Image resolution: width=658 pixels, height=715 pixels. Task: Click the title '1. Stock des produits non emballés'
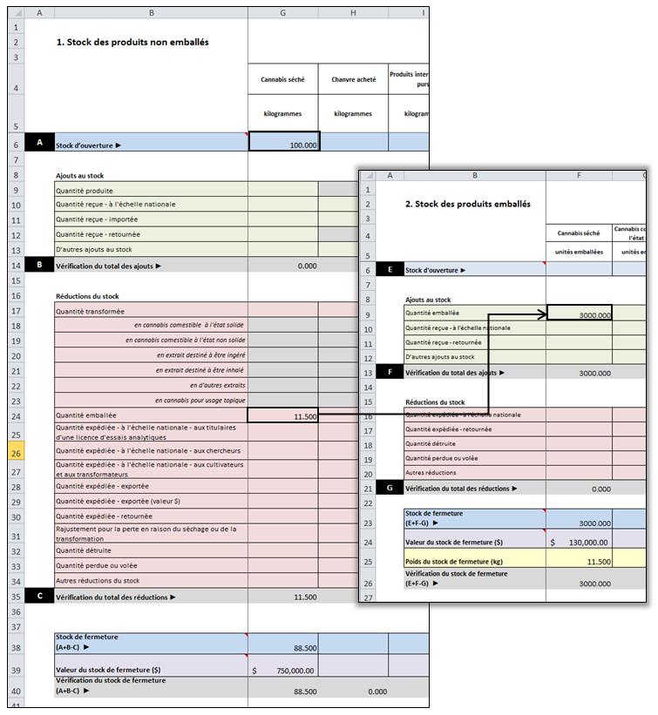(132, 42)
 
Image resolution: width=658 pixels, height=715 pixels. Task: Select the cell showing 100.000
(284, 145)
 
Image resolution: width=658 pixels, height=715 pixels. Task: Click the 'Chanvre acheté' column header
(354, 79)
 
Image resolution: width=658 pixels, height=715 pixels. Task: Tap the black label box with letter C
(39, 597)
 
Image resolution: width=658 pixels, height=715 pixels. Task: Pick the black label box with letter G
(389, 489)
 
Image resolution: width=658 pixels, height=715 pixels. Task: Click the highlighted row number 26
(15, 451)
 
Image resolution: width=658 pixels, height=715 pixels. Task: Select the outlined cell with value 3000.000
(579, 314)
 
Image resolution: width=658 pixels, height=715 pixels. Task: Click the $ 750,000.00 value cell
(284, 671)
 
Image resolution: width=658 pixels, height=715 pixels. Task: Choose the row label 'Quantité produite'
(85, 190)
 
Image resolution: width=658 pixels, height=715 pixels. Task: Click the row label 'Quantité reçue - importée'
(97, 219)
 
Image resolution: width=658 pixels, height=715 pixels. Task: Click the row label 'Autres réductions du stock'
(98, 580)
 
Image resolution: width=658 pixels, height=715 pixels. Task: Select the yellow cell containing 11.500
(579, 562)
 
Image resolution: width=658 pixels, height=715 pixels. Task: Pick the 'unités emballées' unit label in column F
(579, 253)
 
